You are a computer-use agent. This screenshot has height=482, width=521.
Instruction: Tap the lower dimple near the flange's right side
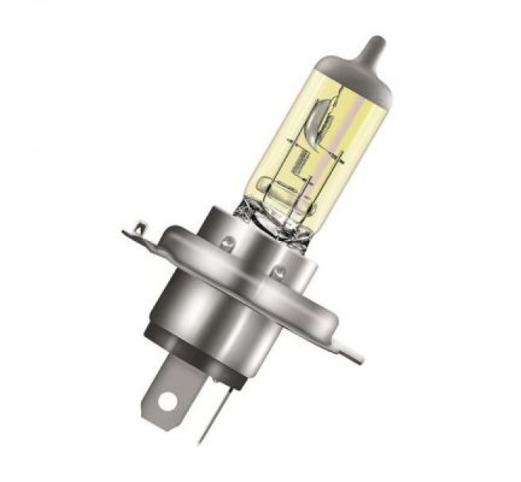tap(280, 270)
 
